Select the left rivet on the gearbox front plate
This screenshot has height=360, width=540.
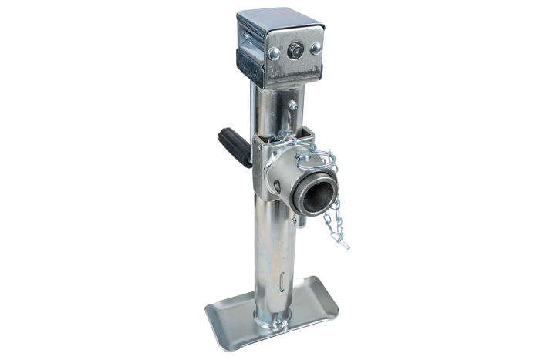pos(274,53)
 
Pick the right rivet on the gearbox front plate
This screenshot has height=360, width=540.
pos(315,47)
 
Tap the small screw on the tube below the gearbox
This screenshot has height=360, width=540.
pos(292,105)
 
